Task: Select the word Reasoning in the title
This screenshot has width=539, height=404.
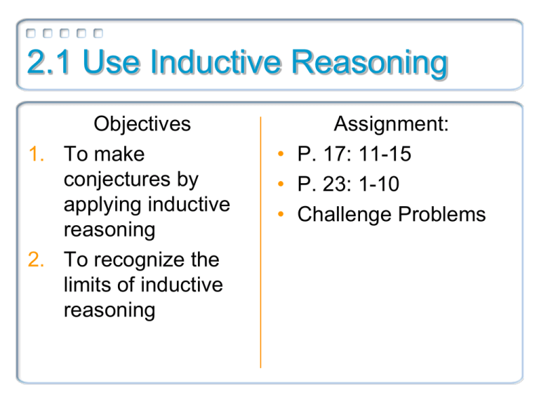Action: [369, 65]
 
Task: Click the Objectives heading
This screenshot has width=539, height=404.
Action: [142, 124]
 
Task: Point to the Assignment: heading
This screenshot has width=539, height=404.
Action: [391, 124]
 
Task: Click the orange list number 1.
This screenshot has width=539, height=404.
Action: [37, 154]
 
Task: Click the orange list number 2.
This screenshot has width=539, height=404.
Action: [37, 260]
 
